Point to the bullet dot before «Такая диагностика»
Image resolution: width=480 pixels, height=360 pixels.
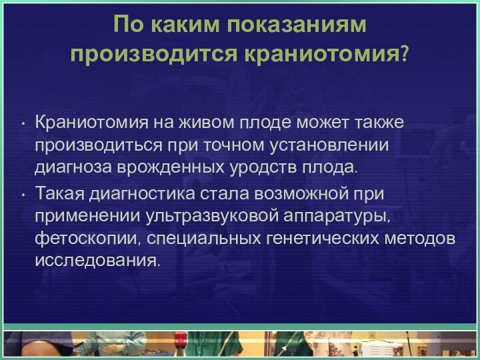tap(23, 195)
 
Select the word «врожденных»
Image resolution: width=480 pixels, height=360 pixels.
tap(157, 166)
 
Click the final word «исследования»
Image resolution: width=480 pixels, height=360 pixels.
tap(97, 259)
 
